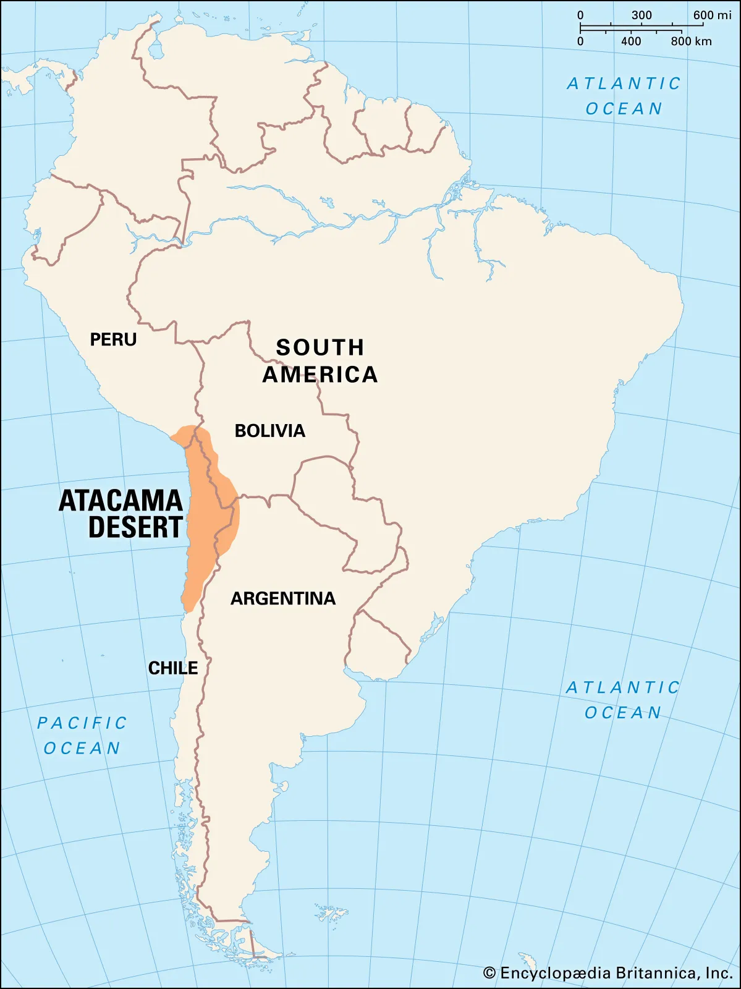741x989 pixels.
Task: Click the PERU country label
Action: point(113,339)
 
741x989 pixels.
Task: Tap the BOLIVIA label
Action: point(269,431)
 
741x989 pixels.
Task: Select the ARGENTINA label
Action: point(283,598)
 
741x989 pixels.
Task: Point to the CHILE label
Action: point(173,668)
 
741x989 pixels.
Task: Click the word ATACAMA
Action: point(121,501)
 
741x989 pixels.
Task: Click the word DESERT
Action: point(135,527)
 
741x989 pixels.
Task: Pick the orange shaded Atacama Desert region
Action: point(204,525)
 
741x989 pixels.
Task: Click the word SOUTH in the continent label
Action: point(320,347)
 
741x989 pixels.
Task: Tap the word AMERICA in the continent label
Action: point(320,375)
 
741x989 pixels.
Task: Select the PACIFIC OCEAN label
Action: point(82,736)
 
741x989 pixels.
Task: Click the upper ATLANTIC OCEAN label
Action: point(624,96)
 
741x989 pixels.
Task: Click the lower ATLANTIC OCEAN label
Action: point(623,700)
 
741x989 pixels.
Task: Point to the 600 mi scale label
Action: point(712,15)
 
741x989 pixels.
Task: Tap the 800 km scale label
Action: point(691,41)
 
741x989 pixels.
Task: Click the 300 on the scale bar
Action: point(641,15)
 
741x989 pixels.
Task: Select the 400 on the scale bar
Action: point(631,41)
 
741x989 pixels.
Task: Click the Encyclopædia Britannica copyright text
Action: point(616,973)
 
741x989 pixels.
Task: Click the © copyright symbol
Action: point(489,974)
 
